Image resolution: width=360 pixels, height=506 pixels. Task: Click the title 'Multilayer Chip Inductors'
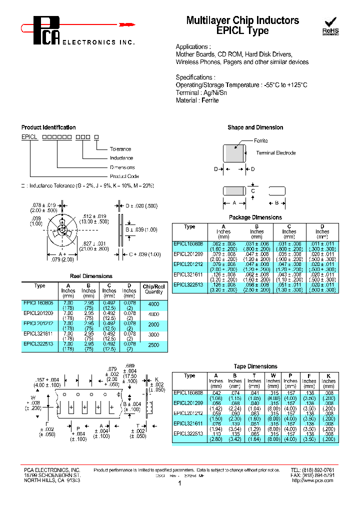(x=242, y=20)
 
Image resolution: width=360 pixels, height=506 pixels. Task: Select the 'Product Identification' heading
(x=48, y=127)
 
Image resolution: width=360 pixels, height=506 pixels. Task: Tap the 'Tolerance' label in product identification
(x=120, y=149)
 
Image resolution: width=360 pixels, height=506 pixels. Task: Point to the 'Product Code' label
(x=124, y=176)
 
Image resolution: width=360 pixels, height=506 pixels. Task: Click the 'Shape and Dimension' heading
(x=255, y=127)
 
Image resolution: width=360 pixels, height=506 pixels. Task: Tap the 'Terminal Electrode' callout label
(x=275, y=153)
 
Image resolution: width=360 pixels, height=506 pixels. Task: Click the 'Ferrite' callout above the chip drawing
(x=261, y=141)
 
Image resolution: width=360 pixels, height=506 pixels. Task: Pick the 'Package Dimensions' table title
(x=255, y=217)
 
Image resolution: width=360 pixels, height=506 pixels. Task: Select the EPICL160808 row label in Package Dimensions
(x=188, y=244)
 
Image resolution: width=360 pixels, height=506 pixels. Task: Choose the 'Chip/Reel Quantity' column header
(x=153, y=289)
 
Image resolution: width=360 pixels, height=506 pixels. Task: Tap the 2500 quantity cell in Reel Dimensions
(x=153, y=345)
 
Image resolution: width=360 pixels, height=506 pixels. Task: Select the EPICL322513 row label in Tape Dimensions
(x=188, y=433)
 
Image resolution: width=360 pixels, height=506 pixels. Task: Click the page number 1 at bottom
(x=179, y=484)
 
